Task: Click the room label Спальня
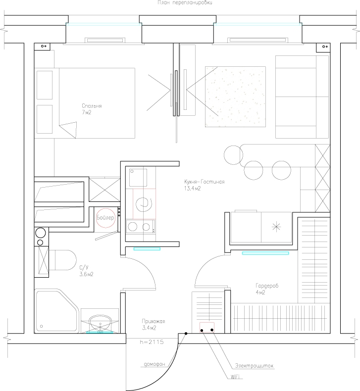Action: pos(92,106)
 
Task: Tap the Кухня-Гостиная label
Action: pos(205,182)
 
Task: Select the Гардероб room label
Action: pos(267,286)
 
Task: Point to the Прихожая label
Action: pos(154,321)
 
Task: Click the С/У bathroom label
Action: pos(84,268)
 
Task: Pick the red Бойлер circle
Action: pos(106,218)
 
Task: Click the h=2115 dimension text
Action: pos(152,342)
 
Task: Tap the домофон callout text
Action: pos(154,364)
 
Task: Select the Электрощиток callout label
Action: pos(254,366)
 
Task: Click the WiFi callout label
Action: pos(235,377)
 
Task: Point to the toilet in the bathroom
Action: pos(62,260)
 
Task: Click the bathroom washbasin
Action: pos(101,323)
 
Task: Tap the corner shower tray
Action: pos(57,311)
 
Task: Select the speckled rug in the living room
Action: pos(235,97)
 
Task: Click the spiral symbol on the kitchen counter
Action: pos(144,203)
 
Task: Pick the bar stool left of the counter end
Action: pos(233,155)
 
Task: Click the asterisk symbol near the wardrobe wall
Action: pos(276,227)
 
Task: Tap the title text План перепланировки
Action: pos(185,3)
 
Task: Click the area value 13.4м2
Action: pos(192,189)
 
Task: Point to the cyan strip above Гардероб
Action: pos(265,253)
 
